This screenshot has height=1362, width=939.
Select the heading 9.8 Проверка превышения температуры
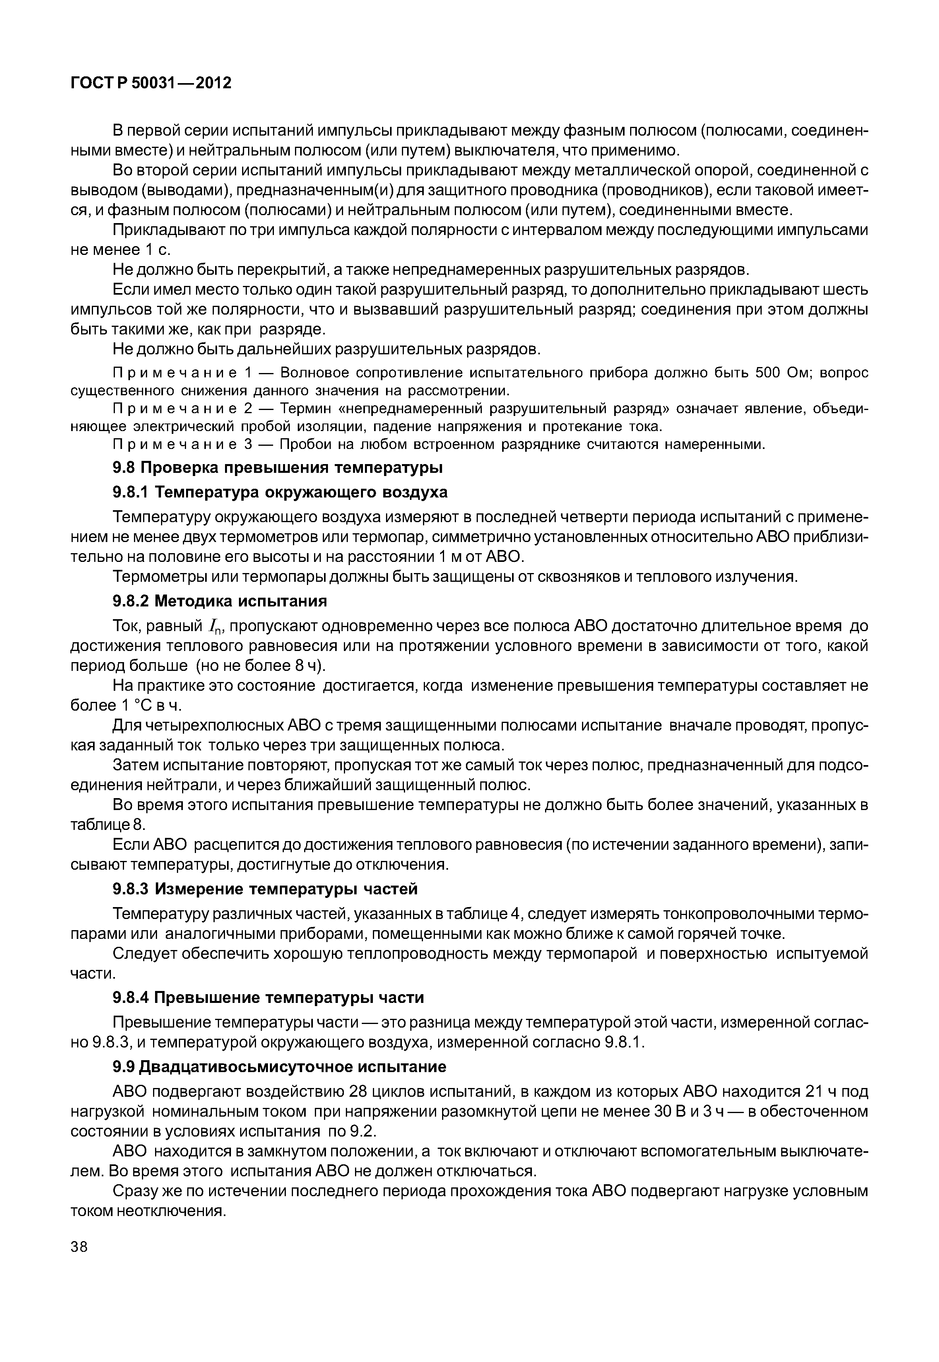click(x=277, y=467)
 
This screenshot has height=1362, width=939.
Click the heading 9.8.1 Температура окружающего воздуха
click(x=280, y=492)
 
